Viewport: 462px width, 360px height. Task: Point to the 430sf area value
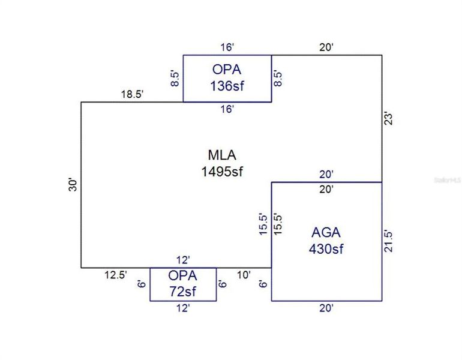(x=326, y=248)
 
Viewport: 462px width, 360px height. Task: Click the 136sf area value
(x=227, y=86)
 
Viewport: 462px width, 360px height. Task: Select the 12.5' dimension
(x=115, y=275)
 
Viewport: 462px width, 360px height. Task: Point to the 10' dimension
(x=243, y=275)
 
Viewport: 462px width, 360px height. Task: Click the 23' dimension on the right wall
(x=389, y=118)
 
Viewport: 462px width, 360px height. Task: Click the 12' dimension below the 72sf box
(x=182, y=308)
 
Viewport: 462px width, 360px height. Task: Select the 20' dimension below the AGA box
(x=326, y=308)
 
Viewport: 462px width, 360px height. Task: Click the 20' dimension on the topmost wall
(x=326, y=47)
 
